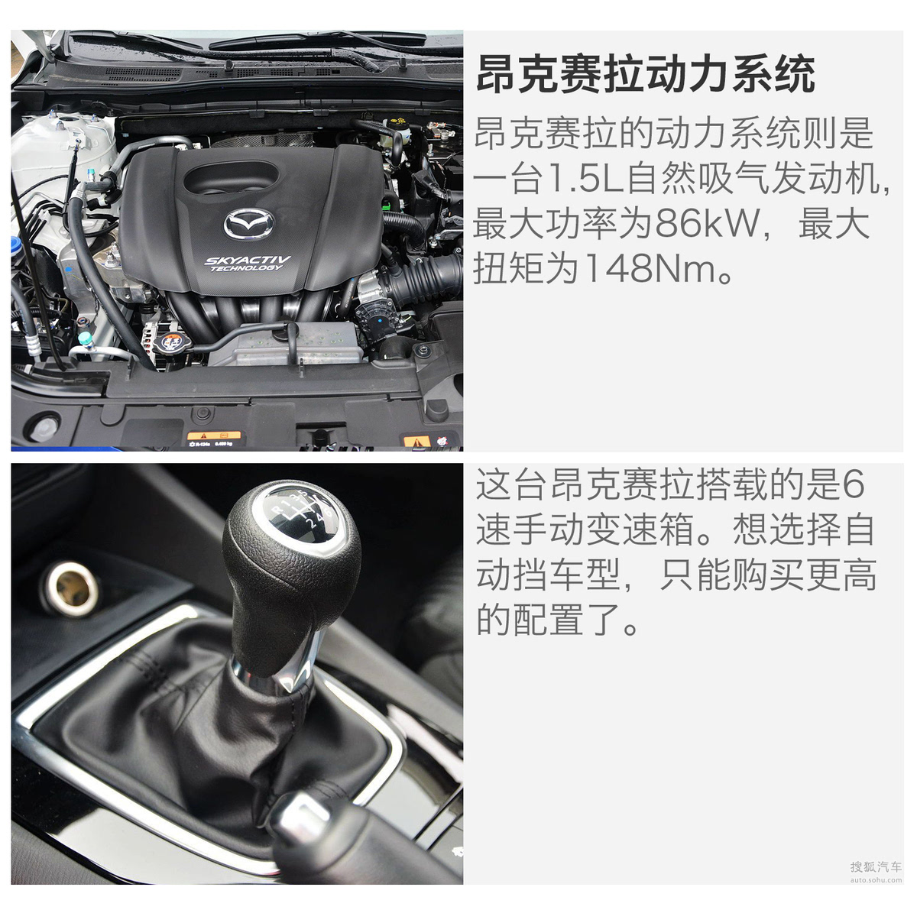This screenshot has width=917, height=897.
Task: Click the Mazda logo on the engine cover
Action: click(248, 223)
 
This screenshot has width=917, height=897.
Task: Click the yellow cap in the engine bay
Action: click(399, 124)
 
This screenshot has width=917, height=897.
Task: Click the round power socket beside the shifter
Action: click(73, 588)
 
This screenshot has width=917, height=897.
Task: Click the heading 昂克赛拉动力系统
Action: click(645, 74)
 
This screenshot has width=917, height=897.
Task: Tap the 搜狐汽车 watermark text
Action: click(876, 867)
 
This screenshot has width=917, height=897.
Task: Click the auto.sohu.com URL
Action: click(876, 880)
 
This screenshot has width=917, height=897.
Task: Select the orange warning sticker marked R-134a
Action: click(214, 438)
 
